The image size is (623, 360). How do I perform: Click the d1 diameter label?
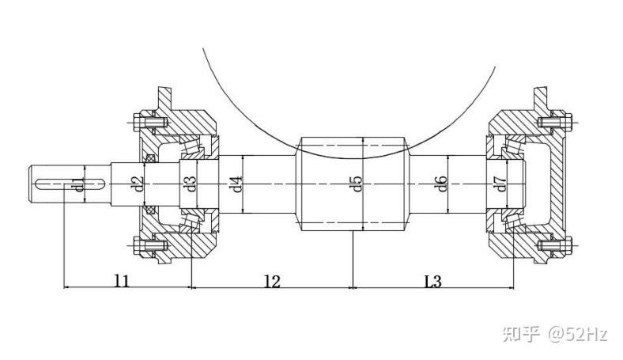click(81, 184)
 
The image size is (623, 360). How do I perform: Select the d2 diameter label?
click(138, 184)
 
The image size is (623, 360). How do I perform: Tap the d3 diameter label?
click(191, 184)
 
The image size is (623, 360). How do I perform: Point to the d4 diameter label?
click(237, 184)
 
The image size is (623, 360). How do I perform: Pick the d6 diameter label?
click(442, 184)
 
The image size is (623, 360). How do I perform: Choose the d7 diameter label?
click(501, 184)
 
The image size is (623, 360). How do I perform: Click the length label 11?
click(122, 281)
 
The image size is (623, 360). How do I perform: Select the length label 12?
click(273, 281)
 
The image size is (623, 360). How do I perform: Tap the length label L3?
click(432, 281)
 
